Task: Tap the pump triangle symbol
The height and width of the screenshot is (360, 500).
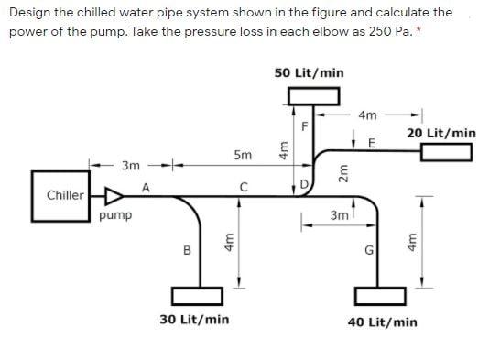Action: (x=114, y=195)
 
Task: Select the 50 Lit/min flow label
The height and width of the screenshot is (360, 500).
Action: (x=310, y=72)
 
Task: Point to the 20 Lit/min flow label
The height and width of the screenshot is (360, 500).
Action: (x=441, y=134)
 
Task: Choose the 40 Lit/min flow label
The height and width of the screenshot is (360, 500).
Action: (x=383, y=322)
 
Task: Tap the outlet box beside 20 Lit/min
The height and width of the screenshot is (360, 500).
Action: (x=446, y=151)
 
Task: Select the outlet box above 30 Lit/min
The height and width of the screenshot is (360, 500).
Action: (x=200, y=297)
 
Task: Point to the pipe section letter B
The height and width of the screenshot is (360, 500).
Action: (x=187, y=248)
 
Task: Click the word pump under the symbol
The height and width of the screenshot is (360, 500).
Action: (x=116, y=216)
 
